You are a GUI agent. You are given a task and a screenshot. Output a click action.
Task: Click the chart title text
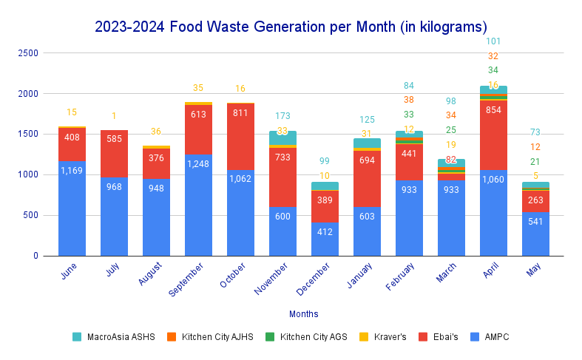click(291, 27)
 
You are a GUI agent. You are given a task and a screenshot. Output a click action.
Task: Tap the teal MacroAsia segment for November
click(282, 137)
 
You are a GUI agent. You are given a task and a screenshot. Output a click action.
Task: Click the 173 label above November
click(282, 116)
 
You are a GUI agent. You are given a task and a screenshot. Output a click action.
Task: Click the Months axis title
click(304, 314)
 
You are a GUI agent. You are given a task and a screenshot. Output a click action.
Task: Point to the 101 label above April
click(493, 41)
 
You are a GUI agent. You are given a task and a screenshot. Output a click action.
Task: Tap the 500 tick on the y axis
click(30, 215)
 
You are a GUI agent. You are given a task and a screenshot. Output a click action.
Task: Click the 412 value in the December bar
click(325, 232)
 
